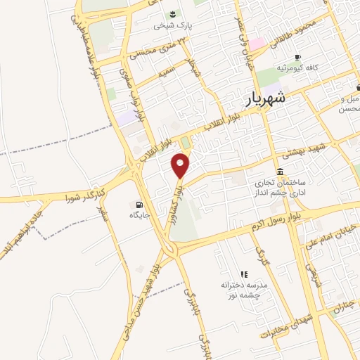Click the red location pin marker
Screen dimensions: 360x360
pos(181,165)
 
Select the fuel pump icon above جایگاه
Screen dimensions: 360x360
pos(134,205)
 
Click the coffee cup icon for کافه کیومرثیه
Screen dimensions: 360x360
pos(297,57)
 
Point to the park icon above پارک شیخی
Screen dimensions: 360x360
pos(172,14)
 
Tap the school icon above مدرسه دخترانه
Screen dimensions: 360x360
pos(244,274)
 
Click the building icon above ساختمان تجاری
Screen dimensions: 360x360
pos(281,172)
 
